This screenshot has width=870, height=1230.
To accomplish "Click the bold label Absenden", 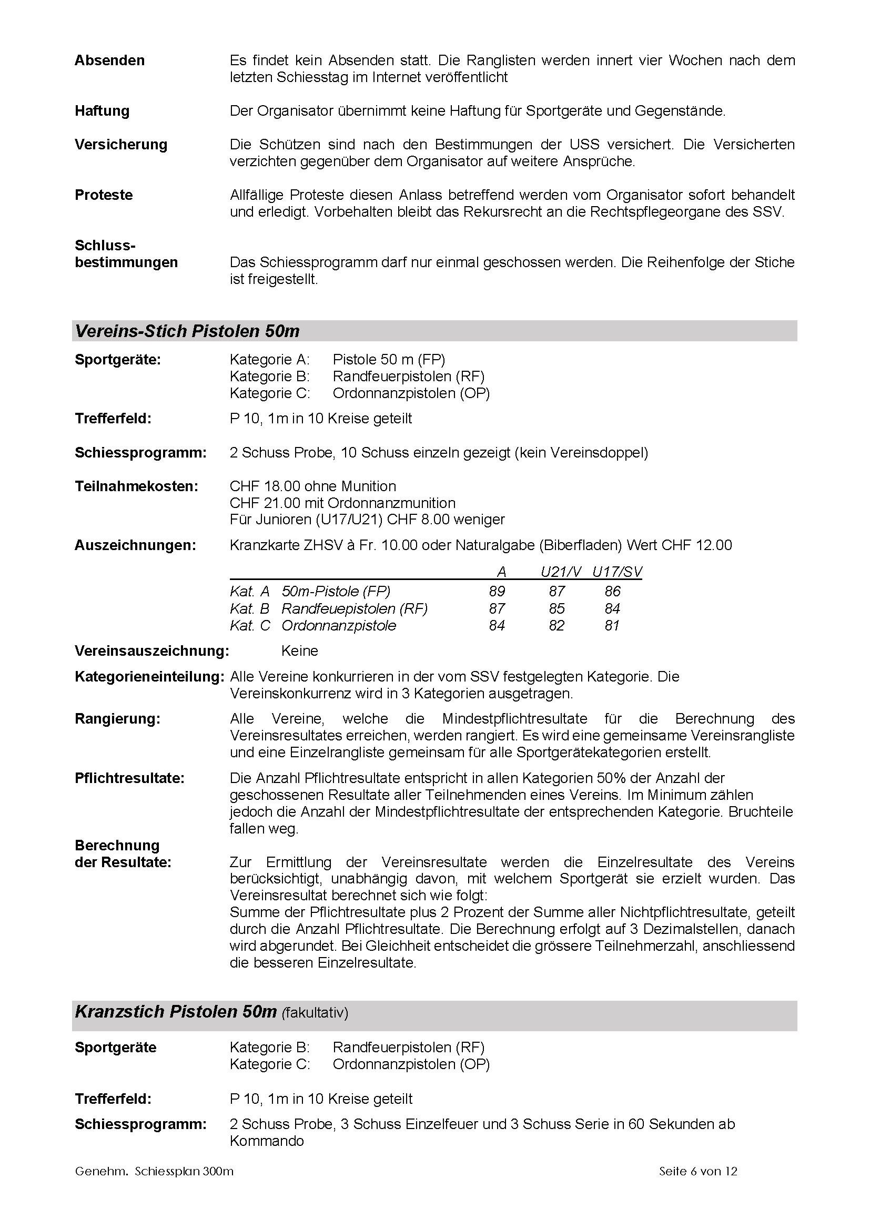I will [x=109, y=60].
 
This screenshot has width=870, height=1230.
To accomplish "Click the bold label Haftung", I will [x=102, y=111].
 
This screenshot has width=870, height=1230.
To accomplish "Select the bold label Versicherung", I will [x=120, y=145].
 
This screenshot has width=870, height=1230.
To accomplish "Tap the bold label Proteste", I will [x=104, y=195].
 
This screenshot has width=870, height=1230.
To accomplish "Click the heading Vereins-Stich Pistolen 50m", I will [x=187, y=331].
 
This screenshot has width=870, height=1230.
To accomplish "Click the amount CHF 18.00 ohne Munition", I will [x=313, y=486].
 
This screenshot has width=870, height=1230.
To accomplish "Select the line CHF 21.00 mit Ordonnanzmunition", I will [x=342, y=503].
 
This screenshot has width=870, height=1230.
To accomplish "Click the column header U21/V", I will [x=560, y=572].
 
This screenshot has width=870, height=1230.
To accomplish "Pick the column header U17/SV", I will [x=616, y=572].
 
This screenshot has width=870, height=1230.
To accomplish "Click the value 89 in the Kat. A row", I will [x=497, y=592].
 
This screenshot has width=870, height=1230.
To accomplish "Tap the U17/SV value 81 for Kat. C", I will [x=612, y=626].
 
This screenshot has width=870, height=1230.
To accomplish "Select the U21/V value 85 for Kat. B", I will [x=557, y=608].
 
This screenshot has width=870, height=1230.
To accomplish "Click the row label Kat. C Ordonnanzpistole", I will [x=313, y=626].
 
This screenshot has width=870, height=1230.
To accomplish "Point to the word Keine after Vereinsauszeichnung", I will [x=299, y=651].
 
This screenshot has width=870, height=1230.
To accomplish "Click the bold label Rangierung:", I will [x=117, y=719].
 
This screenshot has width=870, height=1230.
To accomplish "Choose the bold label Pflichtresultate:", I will [x=129, y=778].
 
